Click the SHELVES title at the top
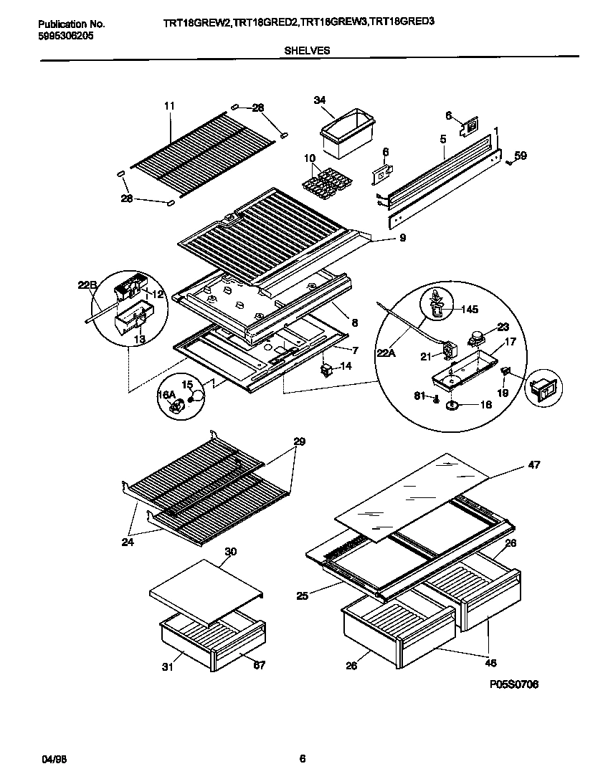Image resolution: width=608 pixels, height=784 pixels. [x=307, y=50]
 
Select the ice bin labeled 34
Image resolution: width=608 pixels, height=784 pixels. [x=343, y=136]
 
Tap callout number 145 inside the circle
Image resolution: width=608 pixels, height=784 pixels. [x=469, y=310]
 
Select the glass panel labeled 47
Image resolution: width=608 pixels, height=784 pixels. [x=416, y=487]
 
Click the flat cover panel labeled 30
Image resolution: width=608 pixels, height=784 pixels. [x=206, y=583]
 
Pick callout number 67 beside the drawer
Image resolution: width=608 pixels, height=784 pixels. [x=259, y=665]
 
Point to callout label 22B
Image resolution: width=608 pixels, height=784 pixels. [x=86, y=285]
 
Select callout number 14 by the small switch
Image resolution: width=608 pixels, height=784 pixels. [x=346, y=365]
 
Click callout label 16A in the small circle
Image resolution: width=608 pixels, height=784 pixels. [x=166, y=394]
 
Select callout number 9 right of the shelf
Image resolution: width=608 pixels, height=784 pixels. [x=402, y=238]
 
